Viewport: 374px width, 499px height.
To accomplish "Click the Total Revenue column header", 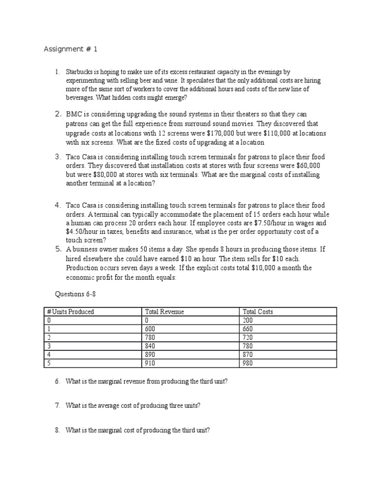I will [x=165, y=312].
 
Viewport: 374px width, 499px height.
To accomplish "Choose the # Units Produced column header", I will [x=70, y=312].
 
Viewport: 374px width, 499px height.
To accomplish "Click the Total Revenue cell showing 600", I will [x=150, y=329].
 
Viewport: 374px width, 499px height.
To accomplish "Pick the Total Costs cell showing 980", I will [x=247, y=363].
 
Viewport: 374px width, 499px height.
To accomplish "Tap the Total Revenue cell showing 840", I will [x=150, y=346].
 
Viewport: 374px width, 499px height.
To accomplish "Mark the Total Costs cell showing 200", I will [x=247, y=321].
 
